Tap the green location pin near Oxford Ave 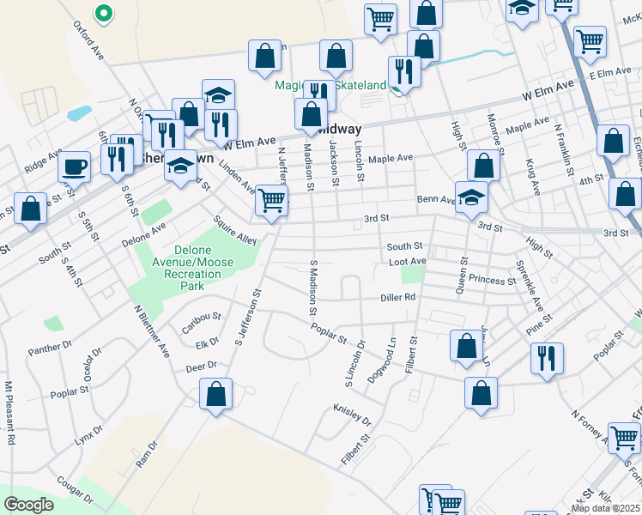[x=102, y=14]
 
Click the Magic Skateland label [x=330, y=85]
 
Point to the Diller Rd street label [x=398, y=298]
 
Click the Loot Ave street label [x=407, y=261]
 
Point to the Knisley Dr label [x=353, y=415]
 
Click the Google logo [x=28, y=505]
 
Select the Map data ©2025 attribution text [x=605, y=508]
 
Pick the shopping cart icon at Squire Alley [x=272, y=201]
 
